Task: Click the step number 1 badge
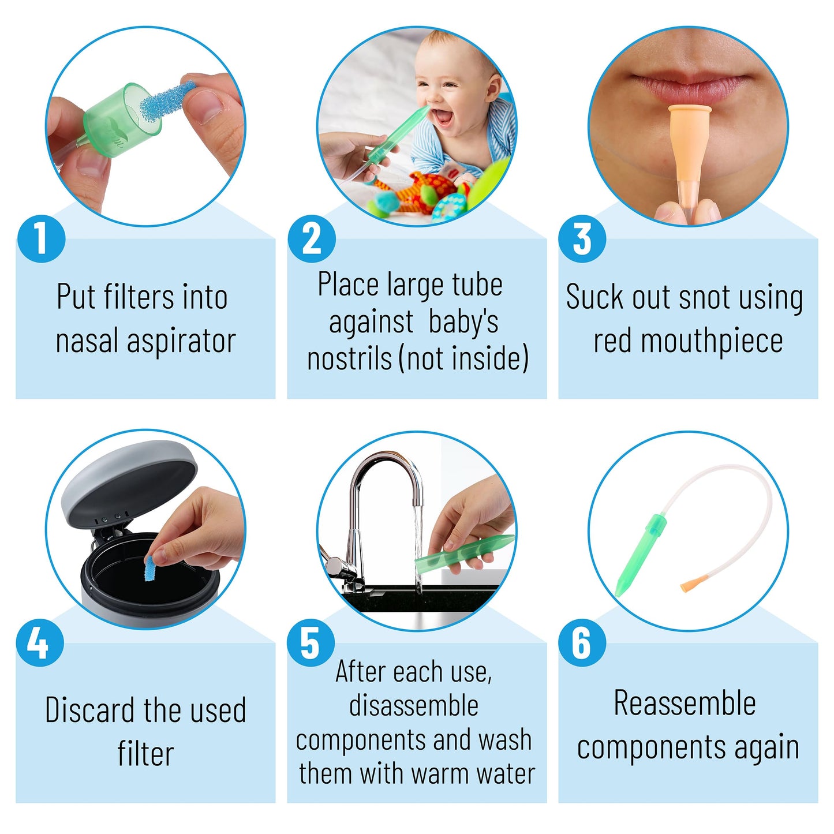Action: point(42,238)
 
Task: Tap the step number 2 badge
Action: point(312,238)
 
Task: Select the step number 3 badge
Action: point(582,238)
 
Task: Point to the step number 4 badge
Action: point(40,642)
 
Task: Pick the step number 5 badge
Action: point(311,642)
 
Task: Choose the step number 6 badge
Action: point(582,642)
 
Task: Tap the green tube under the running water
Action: point(465,554)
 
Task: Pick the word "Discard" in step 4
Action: point(89,710)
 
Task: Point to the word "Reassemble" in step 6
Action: point(685,704)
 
